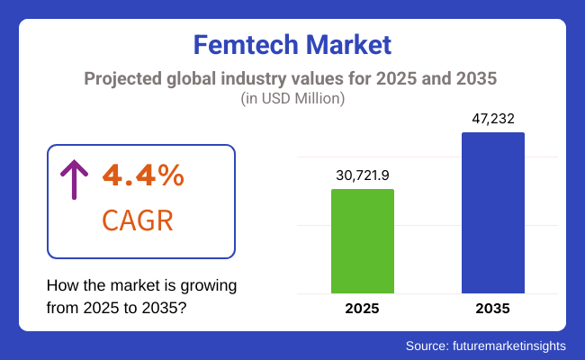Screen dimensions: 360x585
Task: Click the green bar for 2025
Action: point(363,240)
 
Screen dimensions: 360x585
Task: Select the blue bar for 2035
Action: point(492,212)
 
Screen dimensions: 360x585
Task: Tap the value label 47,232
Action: point(492,118)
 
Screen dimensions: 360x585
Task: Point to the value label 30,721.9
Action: point(363,175)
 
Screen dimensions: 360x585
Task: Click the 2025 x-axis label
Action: point(363,308)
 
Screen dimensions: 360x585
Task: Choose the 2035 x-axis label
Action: point(492,308)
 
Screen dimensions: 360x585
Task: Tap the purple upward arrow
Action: point(73,177)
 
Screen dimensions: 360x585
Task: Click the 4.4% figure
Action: point(143,175)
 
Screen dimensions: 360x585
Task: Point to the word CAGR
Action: point(138,220)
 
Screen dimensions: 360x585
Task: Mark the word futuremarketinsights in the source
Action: point(515,345)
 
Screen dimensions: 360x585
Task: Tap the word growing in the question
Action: point(209,286)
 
